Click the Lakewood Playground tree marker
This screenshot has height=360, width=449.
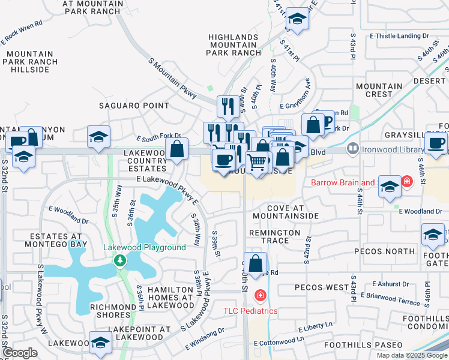point(121,260)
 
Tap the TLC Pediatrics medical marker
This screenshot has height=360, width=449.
point(260,295)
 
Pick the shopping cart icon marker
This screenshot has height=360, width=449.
point(257,161)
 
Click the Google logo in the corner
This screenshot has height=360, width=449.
point(20,353)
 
